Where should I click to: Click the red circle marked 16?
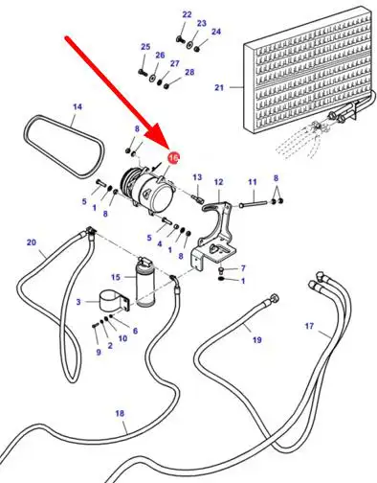pos(174,157)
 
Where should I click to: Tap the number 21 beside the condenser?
pos(219,87)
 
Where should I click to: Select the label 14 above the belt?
pos(78,106)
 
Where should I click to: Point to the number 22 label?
pos(187,14)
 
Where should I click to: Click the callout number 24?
pos(216,32)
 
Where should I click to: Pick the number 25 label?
pos(145,47)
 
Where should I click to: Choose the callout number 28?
pos(189,72)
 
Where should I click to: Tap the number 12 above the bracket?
pos(218,182)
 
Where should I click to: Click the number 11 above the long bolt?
pos(253,182)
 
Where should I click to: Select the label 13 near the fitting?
pos(197,177)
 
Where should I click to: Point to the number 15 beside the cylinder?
pos(116,277)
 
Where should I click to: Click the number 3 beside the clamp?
pos(78,302)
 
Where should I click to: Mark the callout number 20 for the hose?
pos(32,242)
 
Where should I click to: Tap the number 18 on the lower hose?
pos(120,414)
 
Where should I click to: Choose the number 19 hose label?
pos(257,339)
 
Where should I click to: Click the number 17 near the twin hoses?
pos(309,326)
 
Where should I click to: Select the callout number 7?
pos(243,267)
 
